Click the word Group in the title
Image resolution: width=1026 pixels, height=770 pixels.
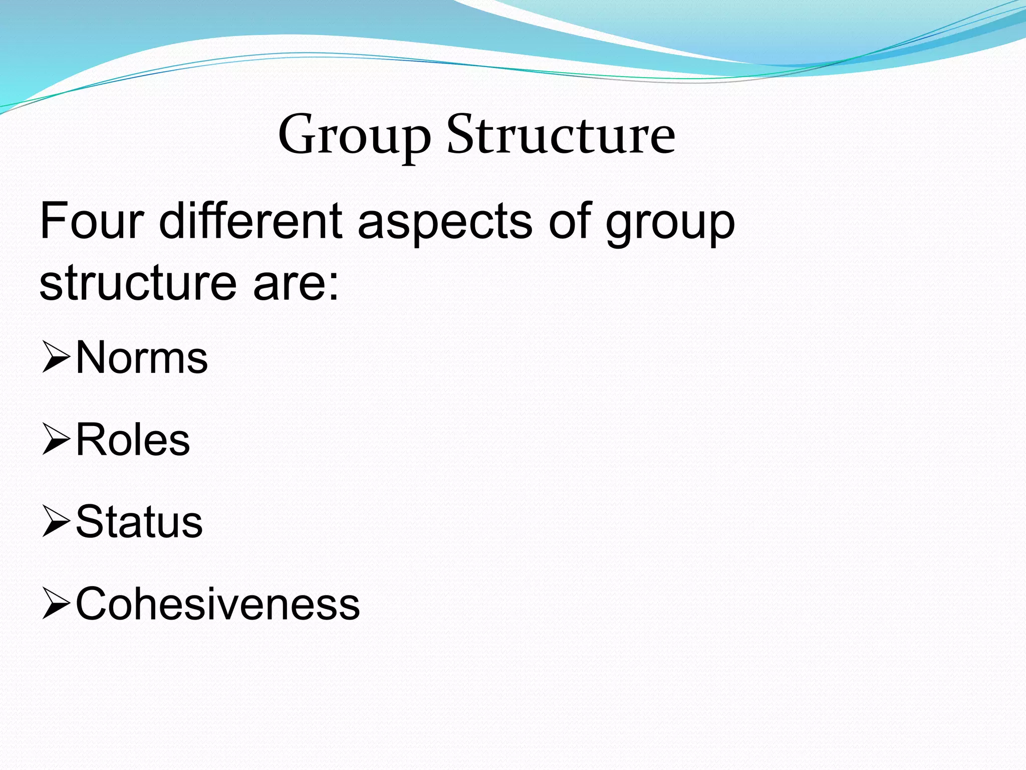click(x=354, y=135)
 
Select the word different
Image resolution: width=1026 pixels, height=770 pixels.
click(x=251, y=221)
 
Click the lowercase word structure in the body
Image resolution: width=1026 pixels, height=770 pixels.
click(x=138, y=283)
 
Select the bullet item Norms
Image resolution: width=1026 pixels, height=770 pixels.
click(x=142, y=357)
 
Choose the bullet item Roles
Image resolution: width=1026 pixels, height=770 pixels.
click(x=133, y=440)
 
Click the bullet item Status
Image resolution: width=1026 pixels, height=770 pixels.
click(x=139, y=522)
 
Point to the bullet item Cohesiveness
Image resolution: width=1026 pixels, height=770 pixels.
click(x=217, y=604)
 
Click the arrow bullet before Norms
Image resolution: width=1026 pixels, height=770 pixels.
click(x=56, y=357)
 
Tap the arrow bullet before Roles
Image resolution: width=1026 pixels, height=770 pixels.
click(x=56, y=440)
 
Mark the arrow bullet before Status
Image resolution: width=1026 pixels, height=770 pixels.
click(x=56, y=522)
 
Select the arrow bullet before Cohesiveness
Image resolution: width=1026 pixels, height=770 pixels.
click(x=56, y=604)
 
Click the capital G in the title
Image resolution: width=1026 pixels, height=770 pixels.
click(x=296, y=134)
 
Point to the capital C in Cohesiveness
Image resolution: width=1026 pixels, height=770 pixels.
click(x=92, y=604)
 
